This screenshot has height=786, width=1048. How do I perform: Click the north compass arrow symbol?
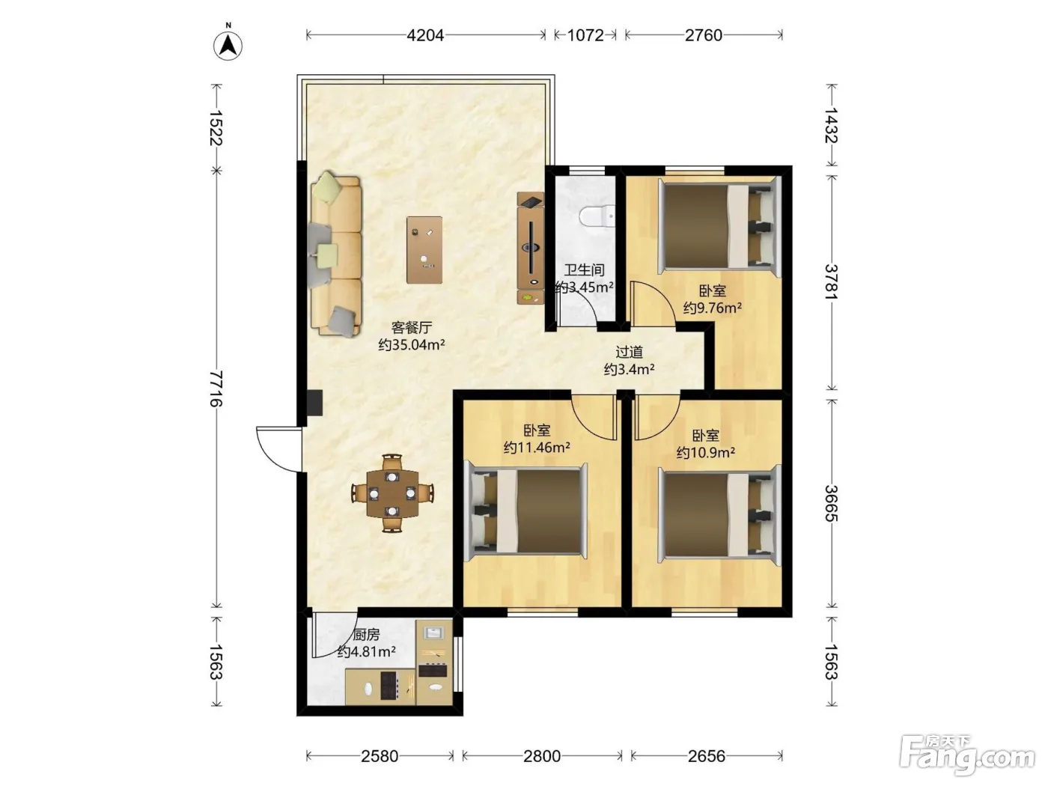point(228,46)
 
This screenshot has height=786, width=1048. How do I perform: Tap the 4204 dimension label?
point(425,35)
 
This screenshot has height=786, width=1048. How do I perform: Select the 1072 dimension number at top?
point(585,35)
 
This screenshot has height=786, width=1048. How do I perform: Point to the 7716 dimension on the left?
point(216,389)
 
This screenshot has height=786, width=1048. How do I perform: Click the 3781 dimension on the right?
point(832,281)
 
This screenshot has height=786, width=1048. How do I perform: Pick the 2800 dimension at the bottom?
point(542,756)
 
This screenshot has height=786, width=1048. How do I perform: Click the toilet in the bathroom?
point(597,216)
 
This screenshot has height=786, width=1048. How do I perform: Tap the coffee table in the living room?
point(424,250)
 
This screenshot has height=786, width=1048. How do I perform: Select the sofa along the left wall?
point(335,255)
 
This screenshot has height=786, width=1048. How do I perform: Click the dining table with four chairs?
point(392,493)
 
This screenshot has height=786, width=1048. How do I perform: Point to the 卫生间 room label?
point(584,270)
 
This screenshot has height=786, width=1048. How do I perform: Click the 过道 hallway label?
point(629,352)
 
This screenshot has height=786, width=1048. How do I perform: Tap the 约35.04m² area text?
point(412,344)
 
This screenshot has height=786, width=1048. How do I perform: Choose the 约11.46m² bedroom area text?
point(537,447)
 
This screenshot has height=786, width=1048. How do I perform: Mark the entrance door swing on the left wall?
point(278,449)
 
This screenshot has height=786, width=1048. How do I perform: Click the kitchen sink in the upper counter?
point(434,633)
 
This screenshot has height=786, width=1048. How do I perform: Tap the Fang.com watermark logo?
point(967,755)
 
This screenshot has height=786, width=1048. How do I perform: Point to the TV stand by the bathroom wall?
point(531,248)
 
